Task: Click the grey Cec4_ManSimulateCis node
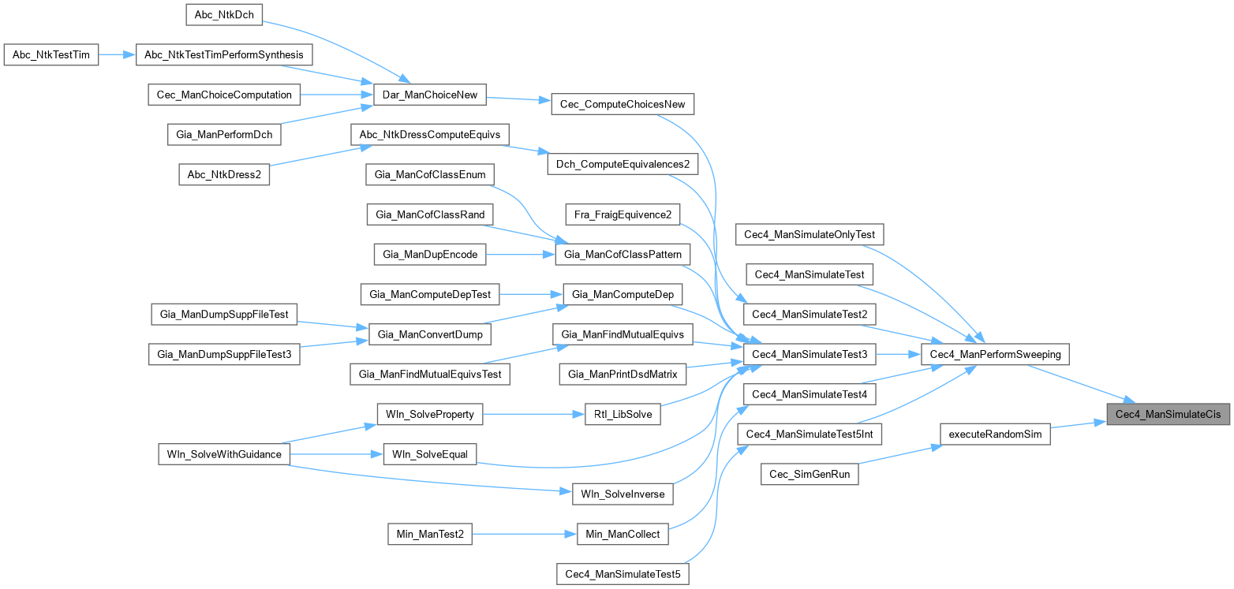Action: click(1168, 414)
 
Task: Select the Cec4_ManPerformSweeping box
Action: click(995, 355)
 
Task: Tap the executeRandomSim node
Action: click(994, 434)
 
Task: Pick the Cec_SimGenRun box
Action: click(809, 474)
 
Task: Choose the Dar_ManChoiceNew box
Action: click(429, 95)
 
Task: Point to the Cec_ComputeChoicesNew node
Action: click(623, 104)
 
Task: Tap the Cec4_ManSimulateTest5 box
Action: click(623, 573)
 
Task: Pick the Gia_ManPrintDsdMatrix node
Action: click(623, 374)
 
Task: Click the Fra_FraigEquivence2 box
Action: click(623, 214)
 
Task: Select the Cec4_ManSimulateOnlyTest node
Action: click(810, 234)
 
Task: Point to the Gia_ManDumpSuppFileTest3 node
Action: click(225, 354)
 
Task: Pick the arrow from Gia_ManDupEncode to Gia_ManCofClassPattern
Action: click(521, 254)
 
